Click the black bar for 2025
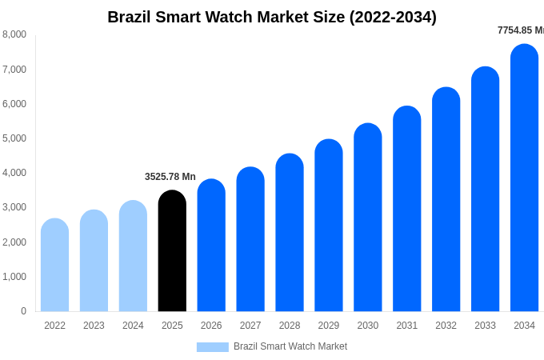[x=172, y=251]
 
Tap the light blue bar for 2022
[x=54, y=266]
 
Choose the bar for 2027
[x=250, y=239]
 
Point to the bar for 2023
[x=94, y=262]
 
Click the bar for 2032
[x=446, y=200]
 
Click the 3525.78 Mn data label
[x=170, y=177]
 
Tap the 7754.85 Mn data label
[x=520, y=30]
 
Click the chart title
[x=272, y=17]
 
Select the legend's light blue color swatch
[x=212, y=347]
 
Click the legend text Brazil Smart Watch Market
[x=290, y=346]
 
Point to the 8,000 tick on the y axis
[x=14, y=34]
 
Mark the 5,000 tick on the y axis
[x=14, y=138]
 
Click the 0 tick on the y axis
[x=23, y=311]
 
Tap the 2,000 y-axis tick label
[x=14, y=242]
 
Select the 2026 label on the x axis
[x=211, y=326]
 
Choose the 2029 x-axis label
[x=329, y=326]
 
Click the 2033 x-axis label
[x=485, y=326]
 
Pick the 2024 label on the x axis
[x=133, y=326]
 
